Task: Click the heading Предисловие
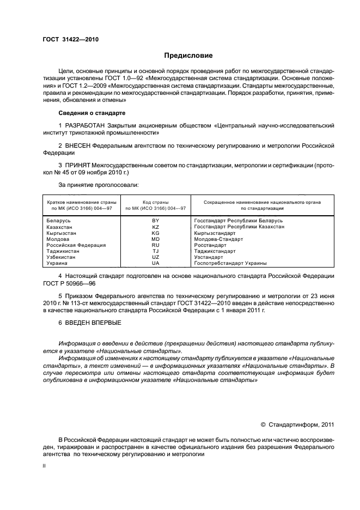pyautogui.click(x=188, y=56)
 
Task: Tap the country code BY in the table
pyautogui.click(x=155, y=220)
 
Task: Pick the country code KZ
pyautogui.click(x=155, y=226)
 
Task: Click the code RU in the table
pyautogui.click(x=155, y=245)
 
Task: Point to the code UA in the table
pyautogui.click(x=155, y=263)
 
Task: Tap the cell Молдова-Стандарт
pyautogui.click(x=218, y=239)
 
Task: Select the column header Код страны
pyautogui.click(x=155, y=202)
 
